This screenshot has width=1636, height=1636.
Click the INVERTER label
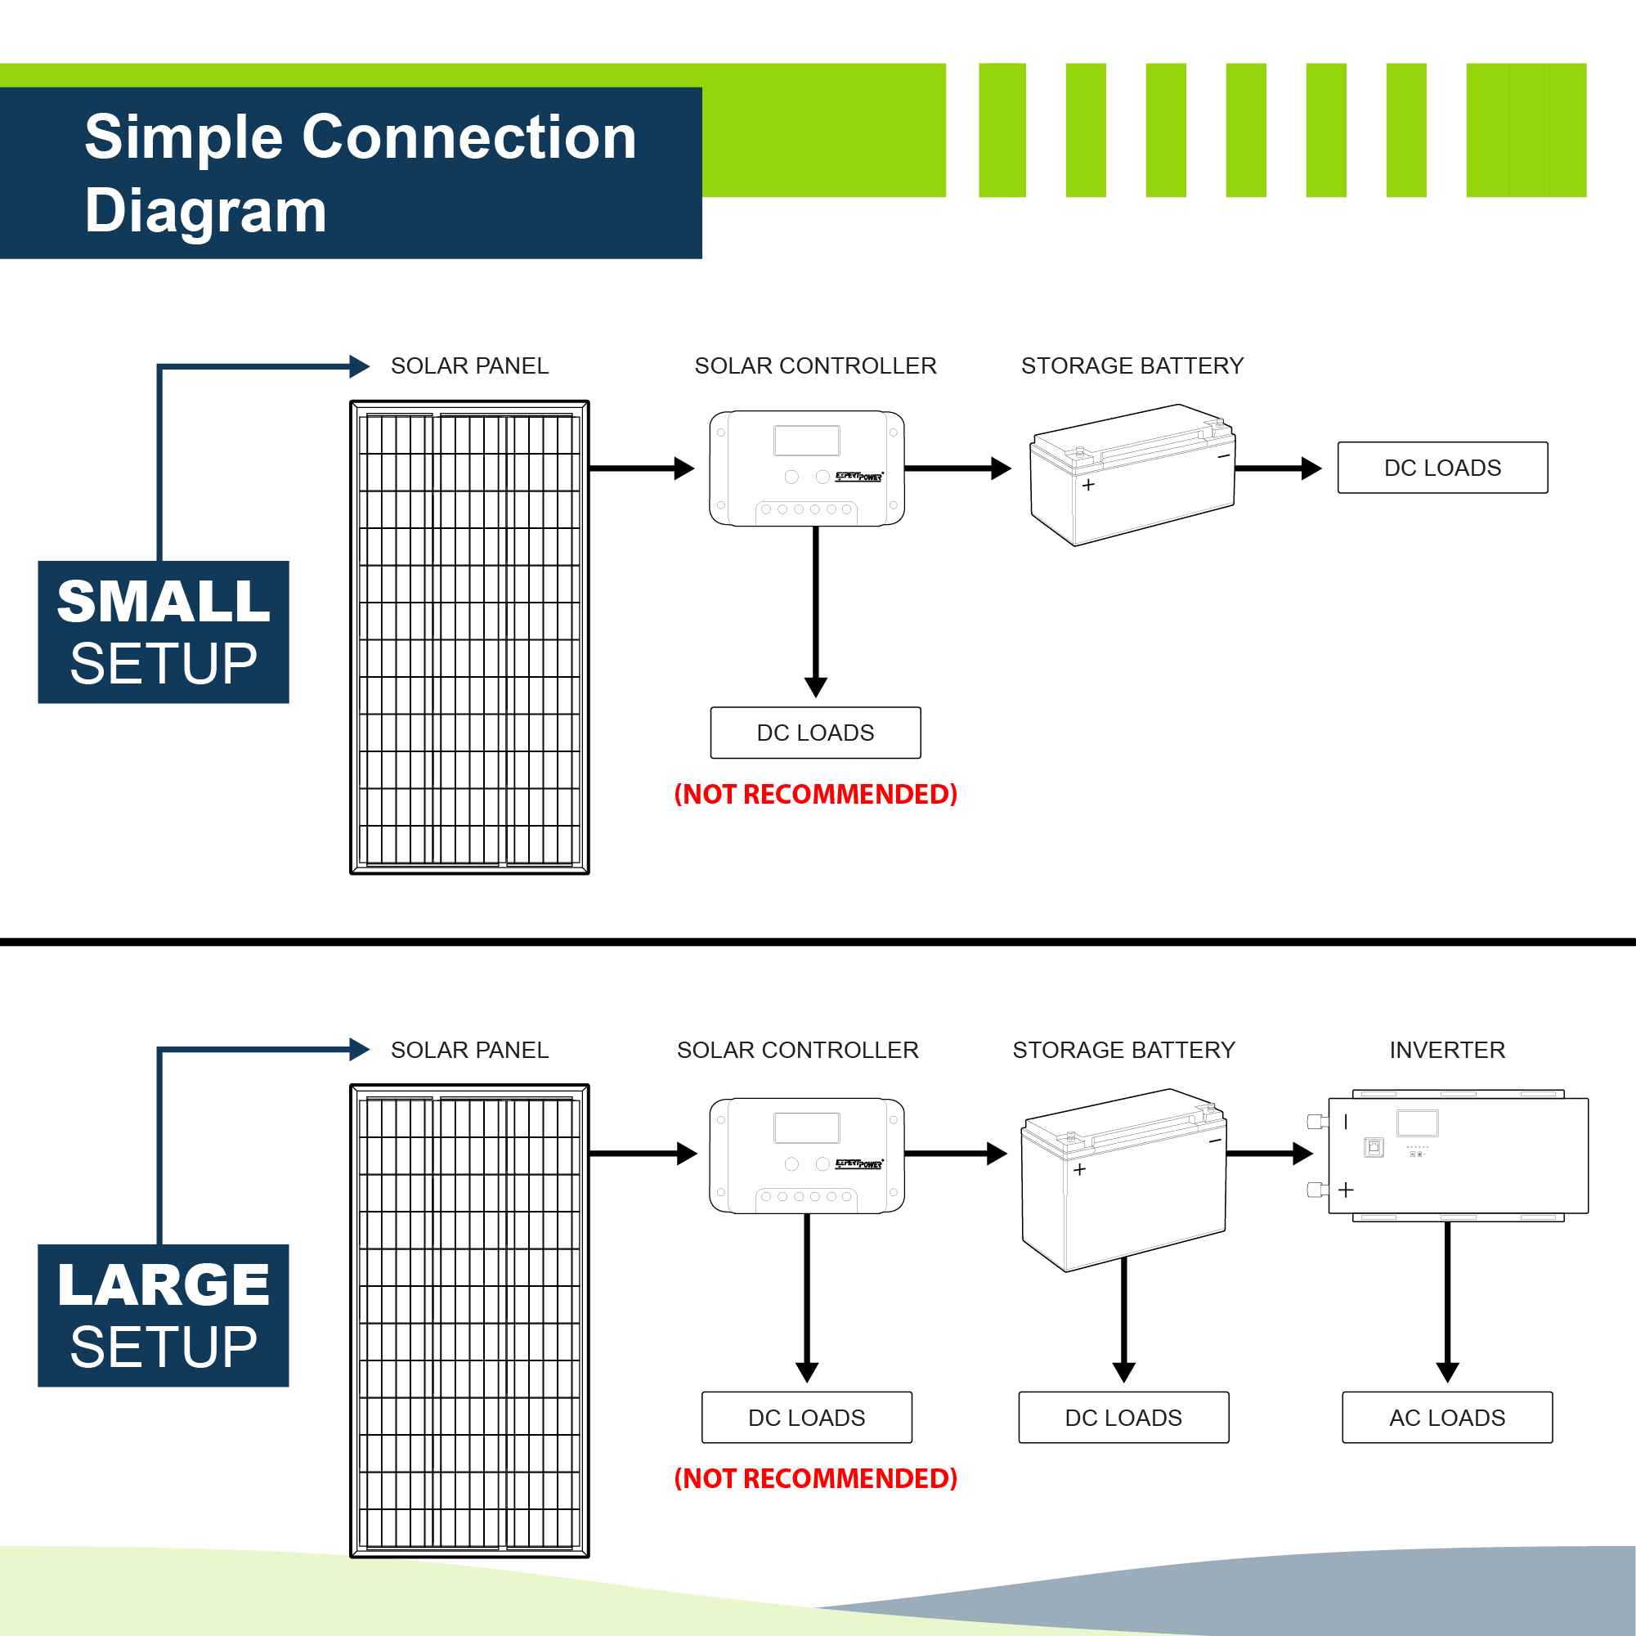(x=1447, y=1050)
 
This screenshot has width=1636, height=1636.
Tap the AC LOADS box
(x=1447, y=1418)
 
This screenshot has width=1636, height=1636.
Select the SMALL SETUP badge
(x=164, y=632)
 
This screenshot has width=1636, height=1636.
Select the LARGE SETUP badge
(x=164, y=1315)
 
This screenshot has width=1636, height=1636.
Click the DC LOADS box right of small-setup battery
(x=1442, y=468)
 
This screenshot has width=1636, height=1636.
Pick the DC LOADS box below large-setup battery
(x=1123, y=1418)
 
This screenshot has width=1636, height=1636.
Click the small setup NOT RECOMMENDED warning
(x=815, y=795)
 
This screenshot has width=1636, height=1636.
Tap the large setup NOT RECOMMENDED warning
(x=815, y=1478)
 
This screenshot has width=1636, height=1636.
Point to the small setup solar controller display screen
(x=806, y=441)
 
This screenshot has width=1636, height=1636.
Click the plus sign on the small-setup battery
(x=1088, y=485)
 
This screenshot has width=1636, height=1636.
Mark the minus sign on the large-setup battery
(x=1215, y=1141)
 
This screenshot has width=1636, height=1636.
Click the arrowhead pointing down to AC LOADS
(x=1447, y=1372)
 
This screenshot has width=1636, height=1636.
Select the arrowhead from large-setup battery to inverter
(x=1302, y=1154)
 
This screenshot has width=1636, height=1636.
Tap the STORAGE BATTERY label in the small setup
(x=1132, y=365)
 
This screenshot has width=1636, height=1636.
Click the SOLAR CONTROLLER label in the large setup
(x=798, y=1050)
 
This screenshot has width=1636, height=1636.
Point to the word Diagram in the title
(x=206, y=210)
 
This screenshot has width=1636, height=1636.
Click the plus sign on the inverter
(x=1346, y=1190)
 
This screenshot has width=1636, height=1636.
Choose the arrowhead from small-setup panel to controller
(x=684, y=468)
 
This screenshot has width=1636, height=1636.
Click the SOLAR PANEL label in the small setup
(x=469, y=365)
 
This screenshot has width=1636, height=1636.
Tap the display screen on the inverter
(x=1418, y=1123)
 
